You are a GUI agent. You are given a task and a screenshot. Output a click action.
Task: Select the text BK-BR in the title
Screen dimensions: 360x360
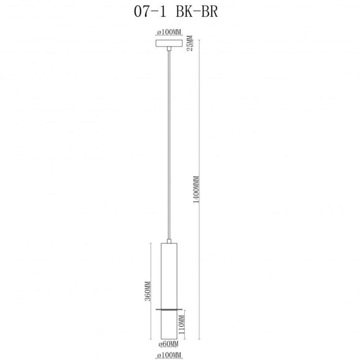click(x=197, y=12)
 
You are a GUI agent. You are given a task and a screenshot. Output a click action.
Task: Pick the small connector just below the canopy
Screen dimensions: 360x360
click(x=168, y=49)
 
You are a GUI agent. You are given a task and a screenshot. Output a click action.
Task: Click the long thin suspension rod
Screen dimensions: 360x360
click(x=168, y=144)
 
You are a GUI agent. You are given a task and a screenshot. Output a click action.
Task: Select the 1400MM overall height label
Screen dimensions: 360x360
click(x=197, y=190)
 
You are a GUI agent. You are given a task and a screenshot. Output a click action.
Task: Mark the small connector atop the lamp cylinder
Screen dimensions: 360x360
click(x=168, y=240)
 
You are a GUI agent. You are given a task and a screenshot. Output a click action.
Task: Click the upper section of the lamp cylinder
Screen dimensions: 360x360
click(x=168, y=274)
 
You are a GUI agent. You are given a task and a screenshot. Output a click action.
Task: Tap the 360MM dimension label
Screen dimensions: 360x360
click(x=147, y=292)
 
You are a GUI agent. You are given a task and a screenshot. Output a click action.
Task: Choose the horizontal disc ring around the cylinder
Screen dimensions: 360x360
click(x=168, y=309)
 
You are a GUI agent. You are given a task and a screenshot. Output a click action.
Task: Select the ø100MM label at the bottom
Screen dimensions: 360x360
click(x=168, y=356)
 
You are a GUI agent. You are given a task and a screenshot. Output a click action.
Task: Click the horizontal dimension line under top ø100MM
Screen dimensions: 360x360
click(x=168, y=36)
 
